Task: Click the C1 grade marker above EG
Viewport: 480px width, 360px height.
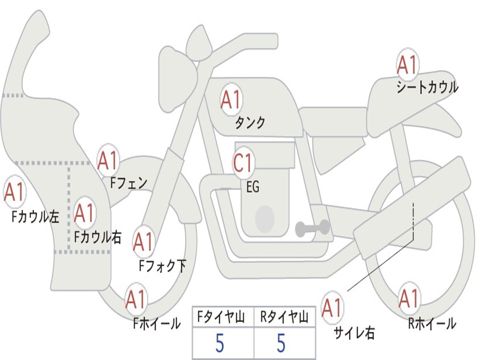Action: point(243,163)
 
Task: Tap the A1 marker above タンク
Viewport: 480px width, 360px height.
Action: point(231,99)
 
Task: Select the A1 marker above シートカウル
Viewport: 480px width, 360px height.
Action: point(407,65)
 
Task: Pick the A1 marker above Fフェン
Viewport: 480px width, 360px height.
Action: point(107,160)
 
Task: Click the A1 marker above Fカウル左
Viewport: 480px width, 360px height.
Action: point(14,192)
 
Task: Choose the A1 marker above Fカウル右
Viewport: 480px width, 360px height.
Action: point(84,213)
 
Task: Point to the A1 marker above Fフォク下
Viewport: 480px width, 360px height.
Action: point(143,242)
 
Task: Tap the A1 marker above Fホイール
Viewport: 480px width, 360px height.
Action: point(135,299)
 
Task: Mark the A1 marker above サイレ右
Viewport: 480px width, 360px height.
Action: point(331,307)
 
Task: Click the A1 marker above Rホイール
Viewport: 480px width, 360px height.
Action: point(409,298)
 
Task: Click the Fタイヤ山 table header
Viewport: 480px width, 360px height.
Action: point(221,317)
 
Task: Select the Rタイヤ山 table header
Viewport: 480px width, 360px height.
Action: point(284,317)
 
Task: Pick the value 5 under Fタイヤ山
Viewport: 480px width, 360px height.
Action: point(220,343)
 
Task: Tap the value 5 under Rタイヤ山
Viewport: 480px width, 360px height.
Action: point(281,343)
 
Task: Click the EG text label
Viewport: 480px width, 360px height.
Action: point(253,187)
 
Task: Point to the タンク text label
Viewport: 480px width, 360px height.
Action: point(250,123)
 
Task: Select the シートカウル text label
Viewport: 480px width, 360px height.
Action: point(427,87)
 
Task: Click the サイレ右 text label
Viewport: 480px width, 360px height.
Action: point(354,333)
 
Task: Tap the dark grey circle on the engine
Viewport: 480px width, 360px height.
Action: point(265,219)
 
